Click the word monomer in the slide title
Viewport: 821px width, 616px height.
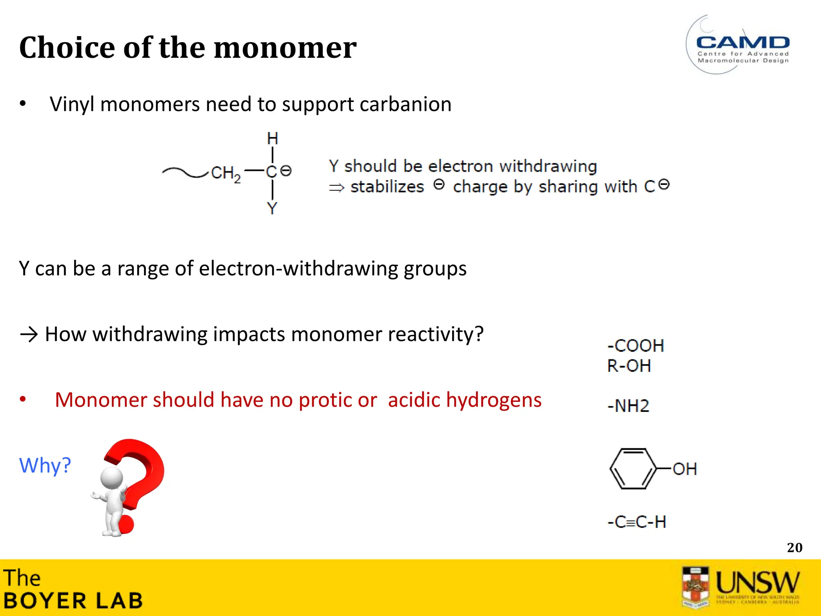point(285,48)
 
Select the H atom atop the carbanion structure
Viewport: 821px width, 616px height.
point(273,138)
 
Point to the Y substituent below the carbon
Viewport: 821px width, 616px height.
point(272,208)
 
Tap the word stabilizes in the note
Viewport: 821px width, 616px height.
point(387,187)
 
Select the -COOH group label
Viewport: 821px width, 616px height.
point(636,346)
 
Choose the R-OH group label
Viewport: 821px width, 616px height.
point(629,366)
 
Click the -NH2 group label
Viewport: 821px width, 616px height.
point(628,406)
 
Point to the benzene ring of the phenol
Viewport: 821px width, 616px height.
point(633,468)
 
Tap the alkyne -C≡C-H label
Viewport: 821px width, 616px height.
point(637,522)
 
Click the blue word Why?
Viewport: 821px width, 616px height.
point(45,466)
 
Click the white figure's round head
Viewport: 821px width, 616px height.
point(111,478)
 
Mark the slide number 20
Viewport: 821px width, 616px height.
point(795,548)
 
